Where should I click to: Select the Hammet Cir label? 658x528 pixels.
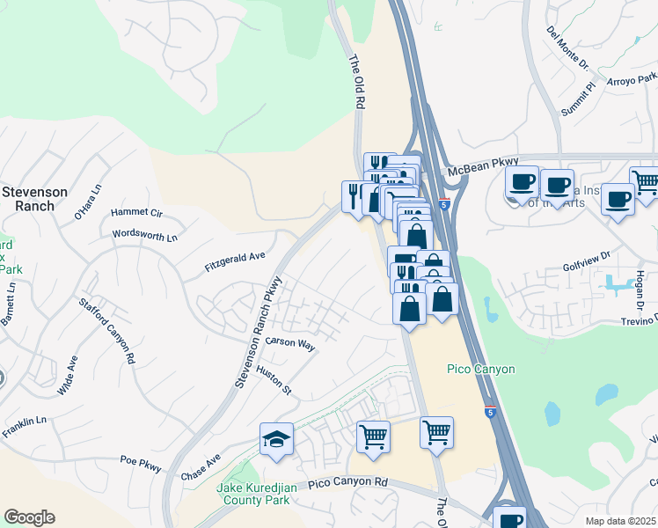pos(137,214)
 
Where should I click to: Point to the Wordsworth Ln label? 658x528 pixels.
pos(145,236)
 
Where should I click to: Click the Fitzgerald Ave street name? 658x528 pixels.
pos(235,258)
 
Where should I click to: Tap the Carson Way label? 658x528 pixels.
pos(290,344)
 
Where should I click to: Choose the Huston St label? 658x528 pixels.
pos(273,381)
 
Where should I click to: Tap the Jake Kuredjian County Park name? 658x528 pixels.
pos(252,493)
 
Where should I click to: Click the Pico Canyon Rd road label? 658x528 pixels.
pos(348,482)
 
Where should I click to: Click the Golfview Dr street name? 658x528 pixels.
pos(587,261)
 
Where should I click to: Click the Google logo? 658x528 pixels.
pos(29,517)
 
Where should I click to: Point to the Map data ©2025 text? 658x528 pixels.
pos(620,521)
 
